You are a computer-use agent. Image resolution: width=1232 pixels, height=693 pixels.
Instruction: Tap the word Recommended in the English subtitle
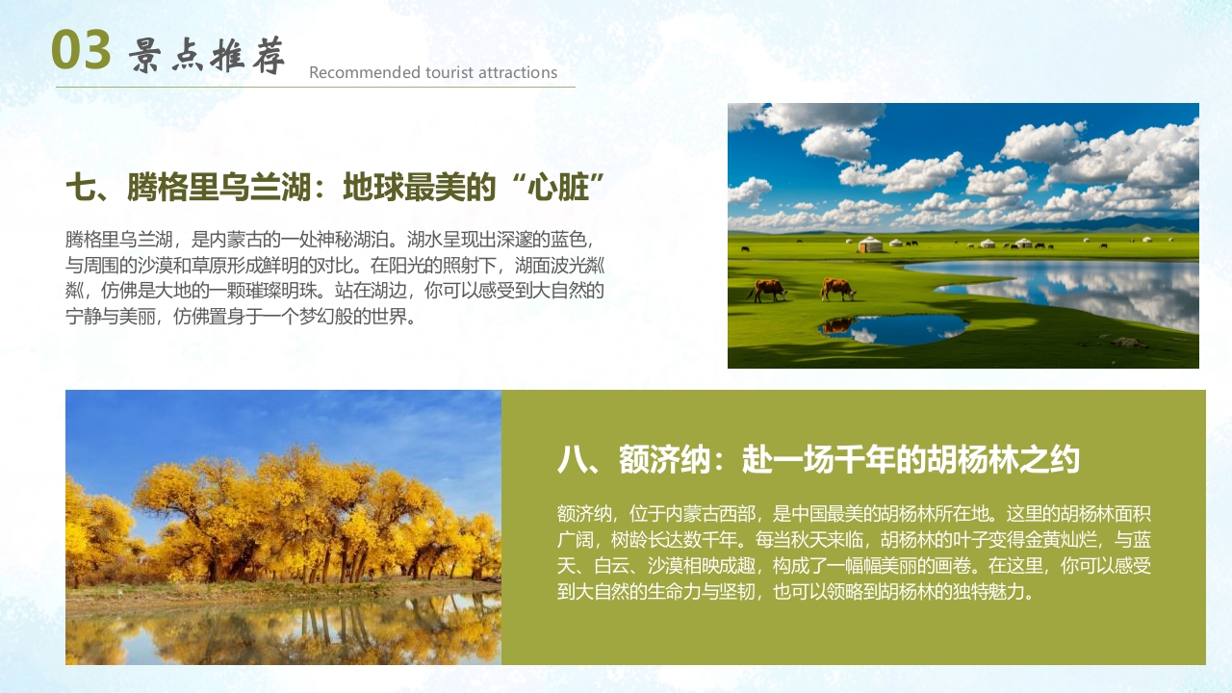coord(351,73)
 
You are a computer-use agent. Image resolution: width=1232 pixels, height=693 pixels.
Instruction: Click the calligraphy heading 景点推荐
coord(207,57)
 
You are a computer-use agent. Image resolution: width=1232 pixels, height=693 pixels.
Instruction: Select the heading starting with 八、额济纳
coord(818,460)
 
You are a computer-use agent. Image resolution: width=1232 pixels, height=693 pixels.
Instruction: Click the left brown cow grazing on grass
coord(768,289)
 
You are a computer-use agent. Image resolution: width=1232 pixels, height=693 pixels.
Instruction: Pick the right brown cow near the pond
coord(837,289)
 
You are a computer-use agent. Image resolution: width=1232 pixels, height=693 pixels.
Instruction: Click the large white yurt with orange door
coord(870,245)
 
